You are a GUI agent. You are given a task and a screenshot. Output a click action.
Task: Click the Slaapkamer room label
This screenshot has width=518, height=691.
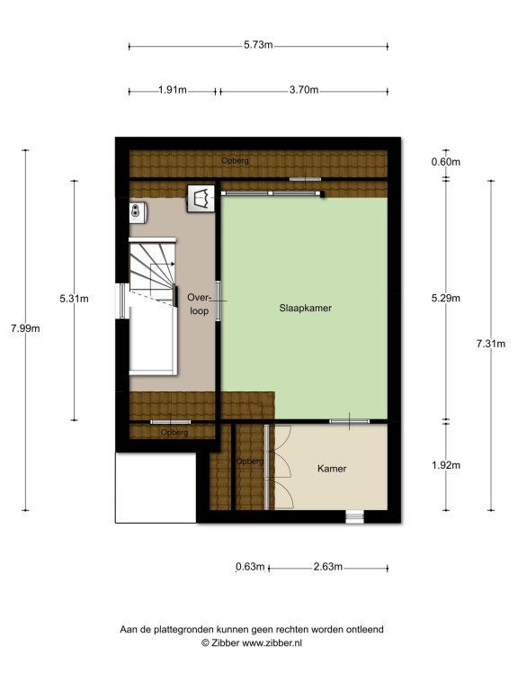coord(305,308)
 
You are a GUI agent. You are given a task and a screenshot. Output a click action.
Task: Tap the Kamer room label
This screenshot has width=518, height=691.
coord(332,469)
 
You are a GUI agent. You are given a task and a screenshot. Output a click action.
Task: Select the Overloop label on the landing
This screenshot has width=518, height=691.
coord(199,304)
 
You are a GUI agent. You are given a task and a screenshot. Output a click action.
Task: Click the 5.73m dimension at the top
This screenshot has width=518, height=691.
coord(259,45)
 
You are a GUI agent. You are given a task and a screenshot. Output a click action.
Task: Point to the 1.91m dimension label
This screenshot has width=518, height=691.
coord(173,90)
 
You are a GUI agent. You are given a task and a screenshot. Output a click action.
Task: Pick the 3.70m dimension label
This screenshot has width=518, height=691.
coord(304,90)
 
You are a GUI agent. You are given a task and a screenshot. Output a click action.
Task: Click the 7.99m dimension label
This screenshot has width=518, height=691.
coord(25,328)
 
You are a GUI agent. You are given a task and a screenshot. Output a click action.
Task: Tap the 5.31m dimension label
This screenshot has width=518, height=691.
coord(74,299)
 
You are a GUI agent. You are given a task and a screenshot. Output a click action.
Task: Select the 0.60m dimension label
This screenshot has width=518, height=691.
coord(446,162)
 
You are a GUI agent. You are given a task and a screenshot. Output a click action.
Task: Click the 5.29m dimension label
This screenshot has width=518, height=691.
coord(446,299)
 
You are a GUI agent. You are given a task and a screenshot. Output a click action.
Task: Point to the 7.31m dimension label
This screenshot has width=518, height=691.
coord(491,345)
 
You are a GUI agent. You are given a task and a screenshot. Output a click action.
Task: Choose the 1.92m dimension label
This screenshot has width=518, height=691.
coord(446,465)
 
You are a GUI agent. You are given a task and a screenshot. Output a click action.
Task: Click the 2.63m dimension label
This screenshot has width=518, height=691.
coord(327,567)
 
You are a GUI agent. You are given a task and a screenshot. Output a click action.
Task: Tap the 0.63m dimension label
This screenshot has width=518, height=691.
coord(250,567)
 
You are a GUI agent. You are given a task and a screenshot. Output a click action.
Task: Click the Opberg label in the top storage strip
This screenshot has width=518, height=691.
coord(236,161)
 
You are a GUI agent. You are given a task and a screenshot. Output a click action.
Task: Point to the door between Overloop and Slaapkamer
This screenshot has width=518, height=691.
coord(218,301)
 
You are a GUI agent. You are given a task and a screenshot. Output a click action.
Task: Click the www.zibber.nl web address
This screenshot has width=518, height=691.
coord(272,643)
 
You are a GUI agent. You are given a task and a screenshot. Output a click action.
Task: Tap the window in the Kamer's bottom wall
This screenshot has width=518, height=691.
coord(354,516)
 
